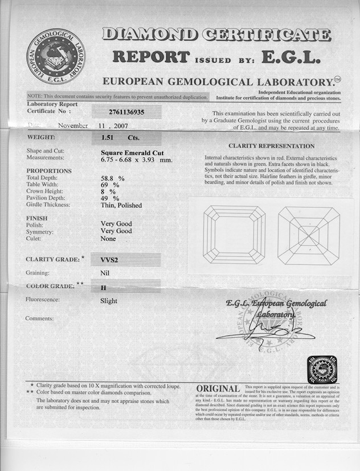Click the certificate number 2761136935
pyautogui.click(x=126, y=112)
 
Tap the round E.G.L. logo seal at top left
pyautogui.click(x=55, y=57)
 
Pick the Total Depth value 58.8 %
pyautogui.click(x=113, y=178)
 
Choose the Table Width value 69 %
pyautogui.click(x=110, y=185)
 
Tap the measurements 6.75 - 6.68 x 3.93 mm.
pyautogui.click(x=136, y=159)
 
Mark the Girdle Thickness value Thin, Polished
pyautogui.click(x=121, y=205)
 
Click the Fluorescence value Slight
pyautogui.click(x=109, y=301)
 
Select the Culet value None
pyautogui.click(x=108, y=239)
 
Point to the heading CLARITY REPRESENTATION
pyautogui.click(x=271, y=146)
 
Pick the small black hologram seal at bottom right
pyautogui.click(x=322, y=369)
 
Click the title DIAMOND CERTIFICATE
pyautogui.click(x=216, y=35)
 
